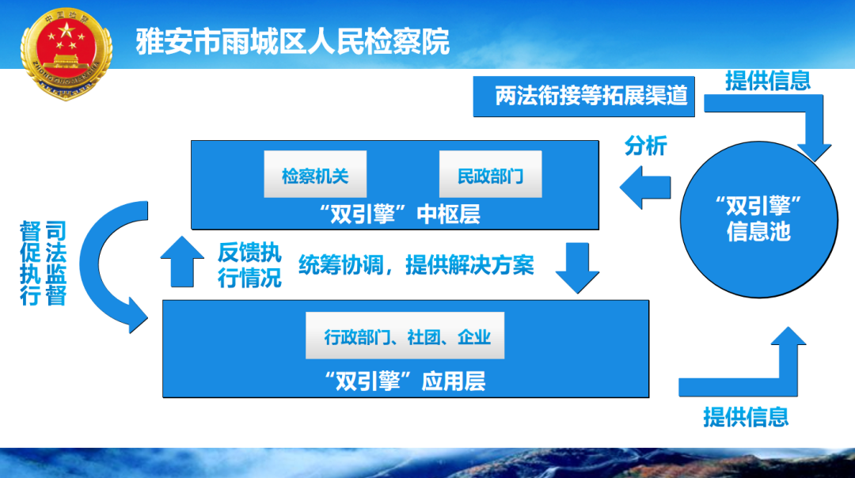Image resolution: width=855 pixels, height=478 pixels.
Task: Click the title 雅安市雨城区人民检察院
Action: [293, 41]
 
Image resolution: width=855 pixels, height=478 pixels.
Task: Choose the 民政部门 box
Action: [491, 175]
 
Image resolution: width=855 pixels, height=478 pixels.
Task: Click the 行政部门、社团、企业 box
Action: [405, 337]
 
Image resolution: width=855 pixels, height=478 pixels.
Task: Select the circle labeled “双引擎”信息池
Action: [758, 218]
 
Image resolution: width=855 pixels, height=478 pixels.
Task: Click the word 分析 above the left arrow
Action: [646, 146]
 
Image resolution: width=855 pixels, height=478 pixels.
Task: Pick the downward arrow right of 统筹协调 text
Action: [577, 267]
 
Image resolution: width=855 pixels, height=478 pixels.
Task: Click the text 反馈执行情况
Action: [249, 266]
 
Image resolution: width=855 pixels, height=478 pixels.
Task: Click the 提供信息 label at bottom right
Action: [746, 415]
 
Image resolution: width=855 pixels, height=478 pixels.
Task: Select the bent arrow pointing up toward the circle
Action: [760, 372]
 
